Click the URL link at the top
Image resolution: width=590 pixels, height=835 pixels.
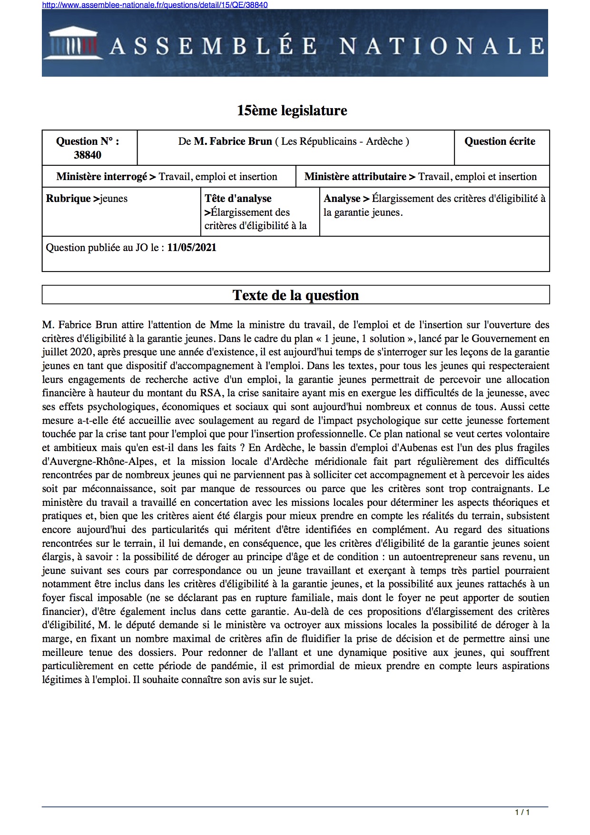point(155,5)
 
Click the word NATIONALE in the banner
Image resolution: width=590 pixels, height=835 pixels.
point(442,46)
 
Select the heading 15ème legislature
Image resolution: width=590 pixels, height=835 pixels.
point(292,111)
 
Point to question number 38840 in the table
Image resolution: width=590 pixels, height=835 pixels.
point(88,155)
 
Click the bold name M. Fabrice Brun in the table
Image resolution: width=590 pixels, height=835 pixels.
point(233,141)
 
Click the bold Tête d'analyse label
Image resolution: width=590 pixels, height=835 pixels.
point(238,199)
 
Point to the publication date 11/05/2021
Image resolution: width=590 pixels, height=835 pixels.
point(192,248)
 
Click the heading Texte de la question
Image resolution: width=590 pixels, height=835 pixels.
point(295,295)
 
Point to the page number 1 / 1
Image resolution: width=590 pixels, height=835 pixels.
point(522,812)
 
